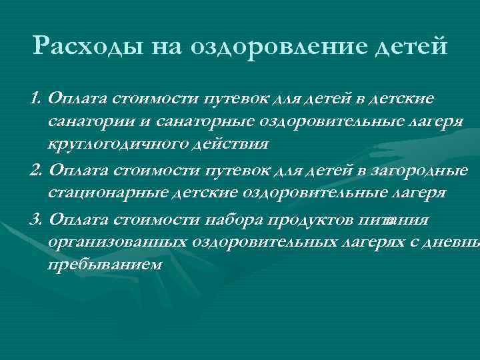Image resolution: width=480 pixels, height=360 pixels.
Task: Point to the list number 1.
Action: pos(35,99)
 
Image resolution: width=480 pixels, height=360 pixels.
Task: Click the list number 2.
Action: pos(35,171)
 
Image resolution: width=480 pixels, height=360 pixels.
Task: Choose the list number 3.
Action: pos(35,220)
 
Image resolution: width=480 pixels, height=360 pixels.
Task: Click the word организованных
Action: pos(117,243)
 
